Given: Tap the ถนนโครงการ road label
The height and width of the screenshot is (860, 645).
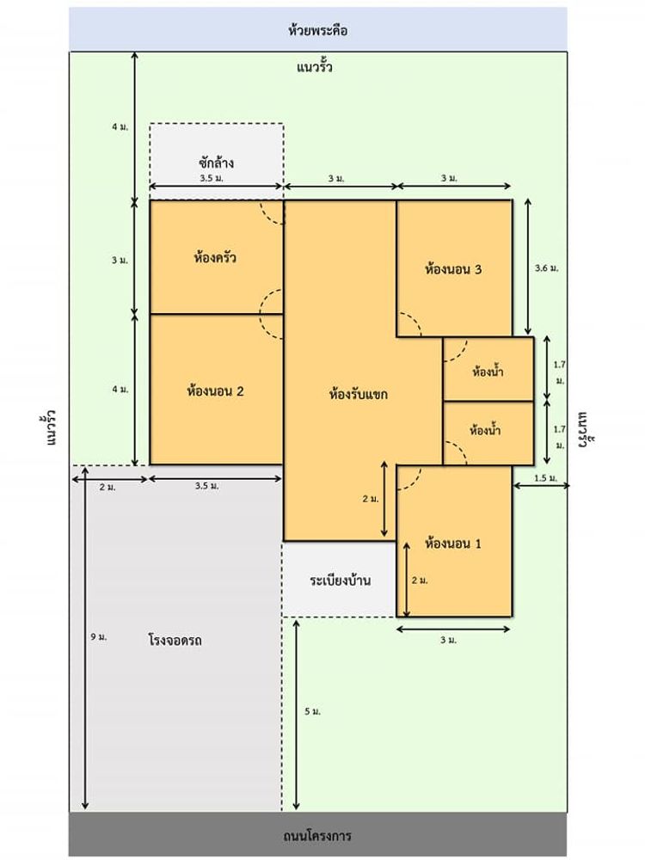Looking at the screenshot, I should tap(317, 835).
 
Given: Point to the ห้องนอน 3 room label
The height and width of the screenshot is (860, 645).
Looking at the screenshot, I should tap(453, 268).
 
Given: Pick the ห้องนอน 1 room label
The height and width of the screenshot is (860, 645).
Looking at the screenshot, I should tap(453, 544).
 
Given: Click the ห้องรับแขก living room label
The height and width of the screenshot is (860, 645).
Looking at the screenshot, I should tap(359, 396).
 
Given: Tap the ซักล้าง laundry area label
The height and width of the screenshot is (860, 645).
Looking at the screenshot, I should tap(216, 162).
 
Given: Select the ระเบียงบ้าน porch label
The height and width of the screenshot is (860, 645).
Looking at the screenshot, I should tap(341, 580).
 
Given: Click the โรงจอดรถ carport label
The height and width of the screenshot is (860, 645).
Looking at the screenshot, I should tap(180, 641).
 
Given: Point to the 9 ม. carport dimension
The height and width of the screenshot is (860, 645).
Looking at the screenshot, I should tap(97, 637).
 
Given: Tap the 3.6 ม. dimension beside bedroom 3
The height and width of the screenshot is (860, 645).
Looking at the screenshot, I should tap(546, 268).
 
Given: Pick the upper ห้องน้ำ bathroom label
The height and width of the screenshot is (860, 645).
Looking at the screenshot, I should tap(488, 372).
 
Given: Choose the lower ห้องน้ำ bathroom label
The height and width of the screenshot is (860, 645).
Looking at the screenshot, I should tap(486, 429).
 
